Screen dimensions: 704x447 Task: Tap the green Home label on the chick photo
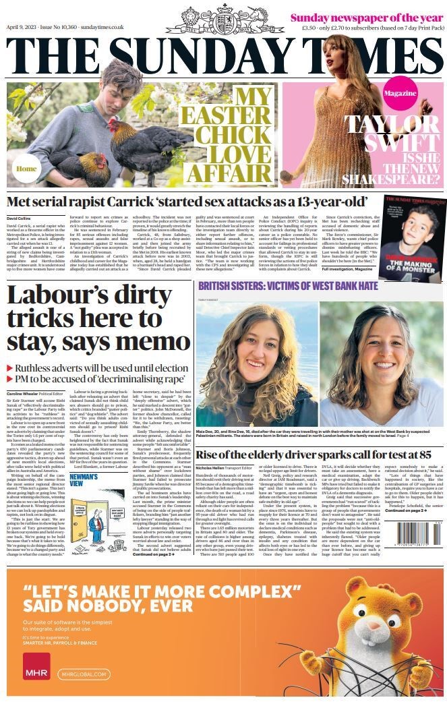click(x=27, y=169)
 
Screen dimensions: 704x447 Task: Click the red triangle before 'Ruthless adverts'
click(x=9, y=369)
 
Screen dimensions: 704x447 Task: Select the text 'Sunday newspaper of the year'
click(x=366, y=16)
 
